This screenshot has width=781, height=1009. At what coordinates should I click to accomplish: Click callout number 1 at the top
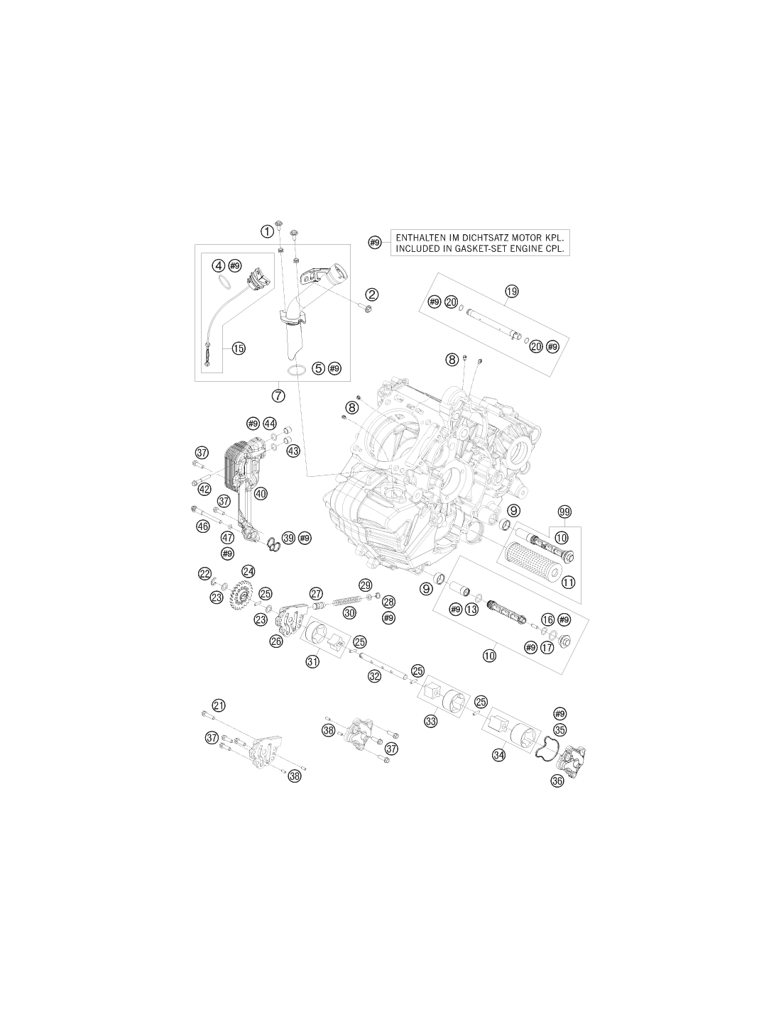tap(267, 231)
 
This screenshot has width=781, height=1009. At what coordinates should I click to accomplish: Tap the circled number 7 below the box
tap(278, 396)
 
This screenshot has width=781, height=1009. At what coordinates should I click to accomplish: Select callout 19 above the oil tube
tap(512, 291)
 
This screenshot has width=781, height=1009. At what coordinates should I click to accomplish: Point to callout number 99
tap(564, 512)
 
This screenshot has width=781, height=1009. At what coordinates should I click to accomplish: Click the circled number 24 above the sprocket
tap(248, 571)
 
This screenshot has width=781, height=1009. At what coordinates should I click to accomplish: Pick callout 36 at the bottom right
tap(557, 781)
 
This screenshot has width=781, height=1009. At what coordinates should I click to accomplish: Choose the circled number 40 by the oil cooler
tap(261, 494)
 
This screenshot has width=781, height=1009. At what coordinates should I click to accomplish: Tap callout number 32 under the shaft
tap(374, 676)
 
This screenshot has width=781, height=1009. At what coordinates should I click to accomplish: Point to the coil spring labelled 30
tap(349, 601)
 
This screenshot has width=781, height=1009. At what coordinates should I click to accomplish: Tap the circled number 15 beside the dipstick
tap(239, 348)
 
